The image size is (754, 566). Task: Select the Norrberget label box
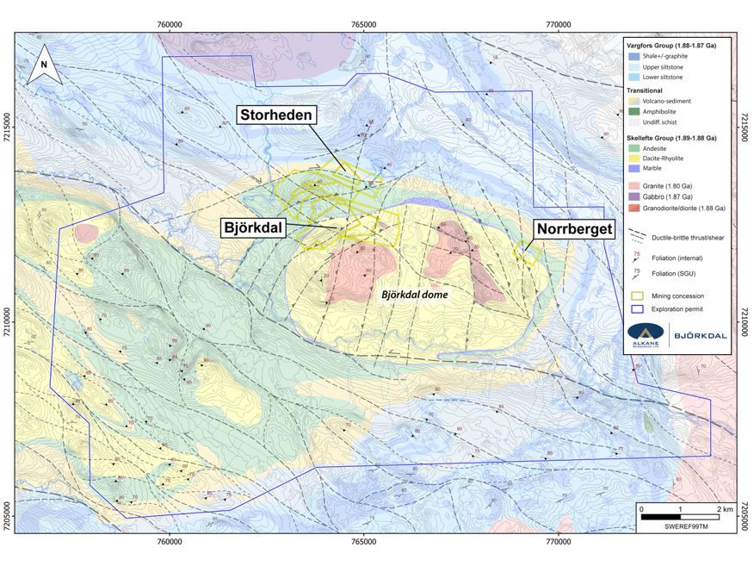tap(574, 230)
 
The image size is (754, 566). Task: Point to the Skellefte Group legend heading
tap(676, 137)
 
